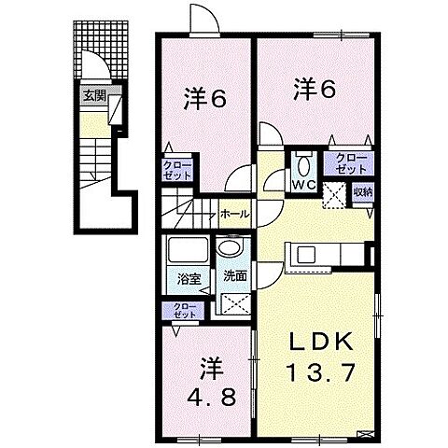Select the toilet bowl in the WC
click(303, 164)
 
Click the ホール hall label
click(234, 214)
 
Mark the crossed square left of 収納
click(335, 194)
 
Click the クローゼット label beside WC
click(350, 163)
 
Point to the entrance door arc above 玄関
click(94, 65)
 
